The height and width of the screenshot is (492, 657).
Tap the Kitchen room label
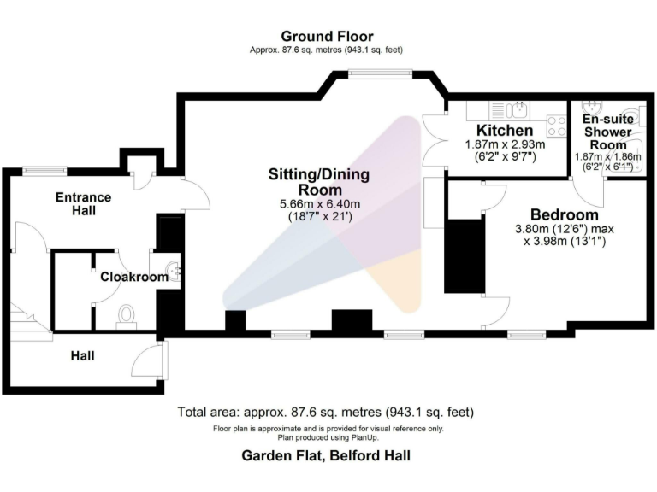pos(499,130)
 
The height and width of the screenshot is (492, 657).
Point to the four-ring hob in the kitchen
pos(557,126)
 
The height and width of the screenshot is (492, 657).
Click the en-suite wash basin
pos(591,107)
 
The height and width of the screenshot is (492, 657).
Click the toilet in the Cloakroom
pos(127,316)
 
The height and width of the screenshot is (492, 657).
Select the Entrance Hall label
pos(83,203)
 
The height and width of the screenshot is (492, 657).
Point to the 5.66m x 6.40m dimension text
pos(319,204)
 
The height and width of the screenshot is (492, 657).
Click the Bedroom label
pos(564,214)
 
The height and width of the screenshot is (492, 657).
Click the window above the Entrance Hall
pos(45,169)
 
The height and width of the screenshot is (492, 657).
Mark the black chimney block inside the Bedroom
pos(463,256)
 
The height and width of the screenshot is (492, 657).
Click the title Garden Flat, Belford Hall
pos(326,456)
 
